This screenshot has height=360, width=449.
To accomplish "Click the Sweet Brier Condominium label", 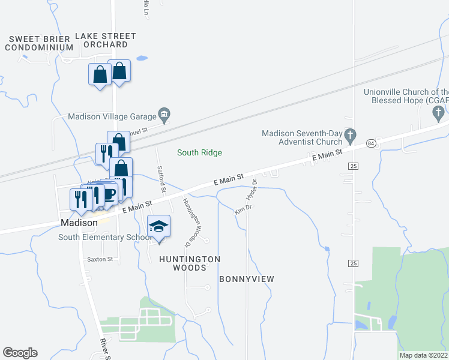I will (41, 43).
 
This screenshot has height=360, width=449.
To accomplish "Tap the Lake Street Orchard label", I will (106, 40).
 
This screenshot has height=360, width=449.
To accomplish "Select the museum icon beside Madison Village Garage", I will (164, 114).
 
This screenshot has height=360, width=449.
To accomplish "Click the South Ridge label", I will (199, 153).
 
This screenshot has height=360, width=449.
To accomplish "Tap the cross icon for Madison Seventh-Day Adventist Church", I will (351, 134).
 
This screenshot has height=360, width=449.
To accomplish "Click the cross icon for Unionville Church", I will (439, 112).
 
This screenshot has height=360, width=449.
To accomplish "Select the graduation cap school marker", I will (159, 227).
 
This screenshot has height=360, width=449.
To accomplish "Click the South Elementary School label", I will (105, 238).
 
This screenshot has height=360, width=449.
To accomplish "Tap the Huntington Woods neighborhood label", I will (190, 263).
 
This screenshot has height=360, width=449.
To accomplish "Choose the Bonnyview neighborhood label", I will (246, 279).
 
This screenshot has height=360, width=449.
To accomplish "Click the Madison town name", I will (79, 223).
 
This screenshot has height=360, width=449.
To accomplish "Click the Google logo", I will (20, 353).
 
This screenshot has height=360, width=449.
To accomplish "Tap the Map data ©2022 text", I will (423, 355).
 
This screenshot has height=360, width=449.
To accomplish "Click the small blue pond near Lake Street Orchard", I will (142, 59).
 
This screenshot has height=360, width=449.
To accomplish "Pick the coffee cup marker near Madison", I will (109, 194).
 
